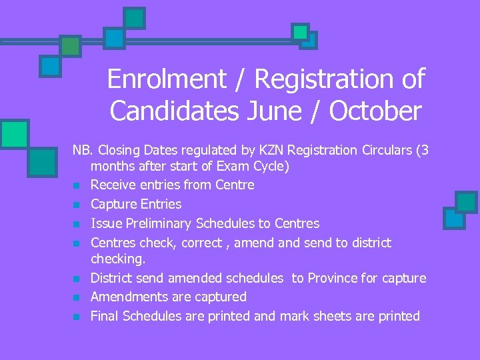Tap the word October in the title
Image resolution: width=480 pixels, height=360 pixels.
[375, 111]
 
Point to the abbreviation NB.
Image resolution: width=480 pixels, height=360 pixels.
[82, 150]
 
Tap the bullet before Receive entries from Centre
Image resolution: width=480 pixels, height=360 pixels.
[77, 185]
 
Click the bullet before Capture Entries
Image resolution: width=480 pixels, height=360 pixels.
[77, 205]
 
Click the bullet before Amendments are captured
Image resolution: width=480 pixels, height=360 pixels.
[77, 297]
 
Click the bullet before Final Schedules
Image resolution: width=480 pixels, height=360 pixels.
[77, 317]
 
